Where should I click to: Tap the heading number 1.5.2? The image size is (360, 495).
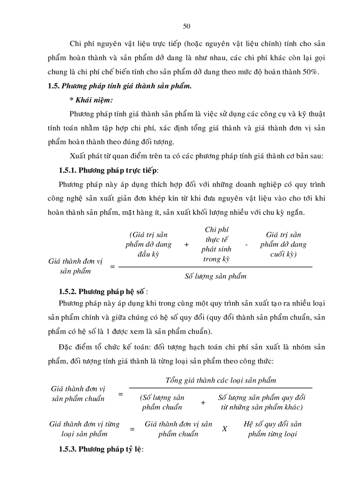[x=70, y=292]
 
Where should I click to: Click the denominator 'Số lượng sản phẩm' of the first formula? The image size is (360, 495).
[x=215, y=276]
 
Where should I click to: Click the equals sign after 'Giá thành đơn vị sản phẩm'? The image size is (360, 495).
[x=112, y=267]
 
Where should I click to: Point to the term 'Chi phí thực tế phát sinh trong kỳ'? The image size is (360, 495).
[x=217, y=244]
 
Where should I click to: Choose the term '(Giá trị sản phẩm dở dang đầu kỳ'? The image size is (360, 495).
[x=146, y=244]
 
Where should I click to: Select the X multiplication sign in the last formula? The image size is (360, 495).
[x=225, y=428]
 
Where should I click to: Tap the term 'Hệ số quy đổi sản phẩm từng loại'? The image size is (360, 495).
[x=273, y=428]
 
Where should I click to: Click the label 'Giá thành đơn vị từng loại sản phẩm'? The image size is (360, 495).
[x=84, y=429]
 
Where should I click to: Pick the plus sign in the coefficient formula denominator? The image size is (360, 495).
[x=203, y=402]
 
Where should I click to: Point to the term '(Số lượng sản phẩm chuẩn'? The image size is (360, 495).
[x=162, y=402]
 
